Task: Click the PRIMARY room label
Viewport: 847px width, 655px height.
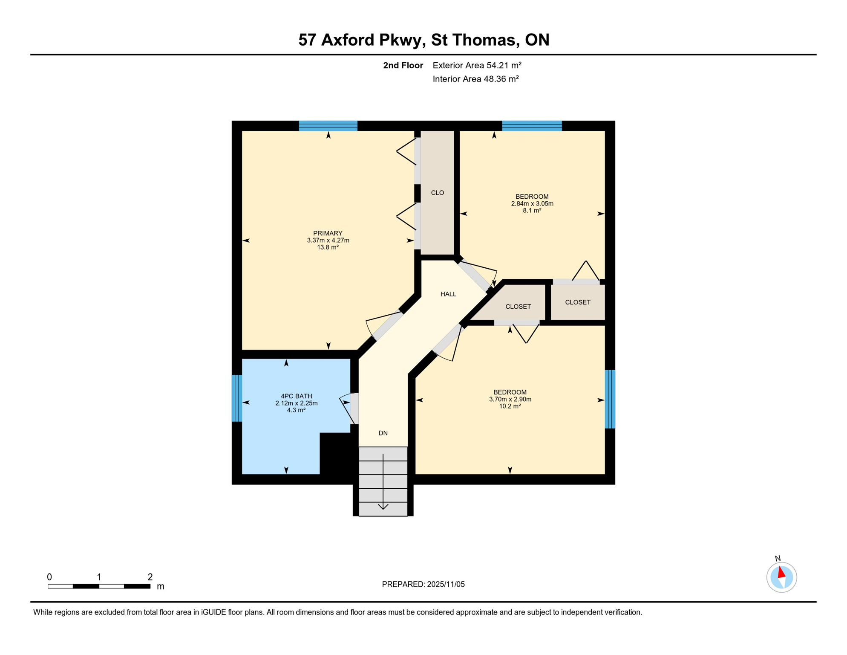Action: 328,233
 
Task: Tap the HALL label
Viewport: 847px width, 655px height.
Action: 448,294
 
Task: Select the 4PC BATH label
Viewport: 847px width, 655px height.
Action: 296,396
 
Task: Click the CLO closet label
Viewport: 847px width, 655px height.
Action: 437,193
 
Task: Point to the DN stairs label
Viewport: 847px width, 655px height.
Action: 383,433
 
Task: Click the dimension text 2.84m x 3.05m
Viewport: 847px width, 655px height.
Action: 532,204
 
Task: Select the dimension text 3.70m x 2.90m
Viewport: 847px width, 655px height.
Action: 510,400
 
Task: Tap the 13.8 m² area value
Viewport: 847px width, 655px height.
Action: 328,247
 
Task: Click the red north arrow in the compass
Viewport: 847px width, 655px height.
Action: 781,572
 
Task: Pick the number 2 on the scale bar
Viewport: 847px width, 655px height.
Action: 150,577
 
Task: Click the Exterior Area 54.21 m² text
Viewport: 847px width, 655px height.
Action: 477,65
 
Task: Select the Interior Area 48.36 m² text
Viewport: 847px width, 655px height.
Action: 475,79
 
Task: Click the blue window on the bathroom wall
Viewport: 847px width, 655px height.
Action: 237,398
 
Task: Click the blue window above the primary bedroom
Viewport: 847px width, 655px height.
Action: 328,126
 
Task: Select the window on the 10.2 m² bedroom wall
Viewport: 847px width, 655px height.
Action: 610,399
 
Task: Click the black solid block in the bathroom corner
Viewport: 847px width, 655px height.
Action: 336,454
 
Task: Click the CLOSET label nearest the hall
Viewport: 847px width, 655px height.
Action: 518,307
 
